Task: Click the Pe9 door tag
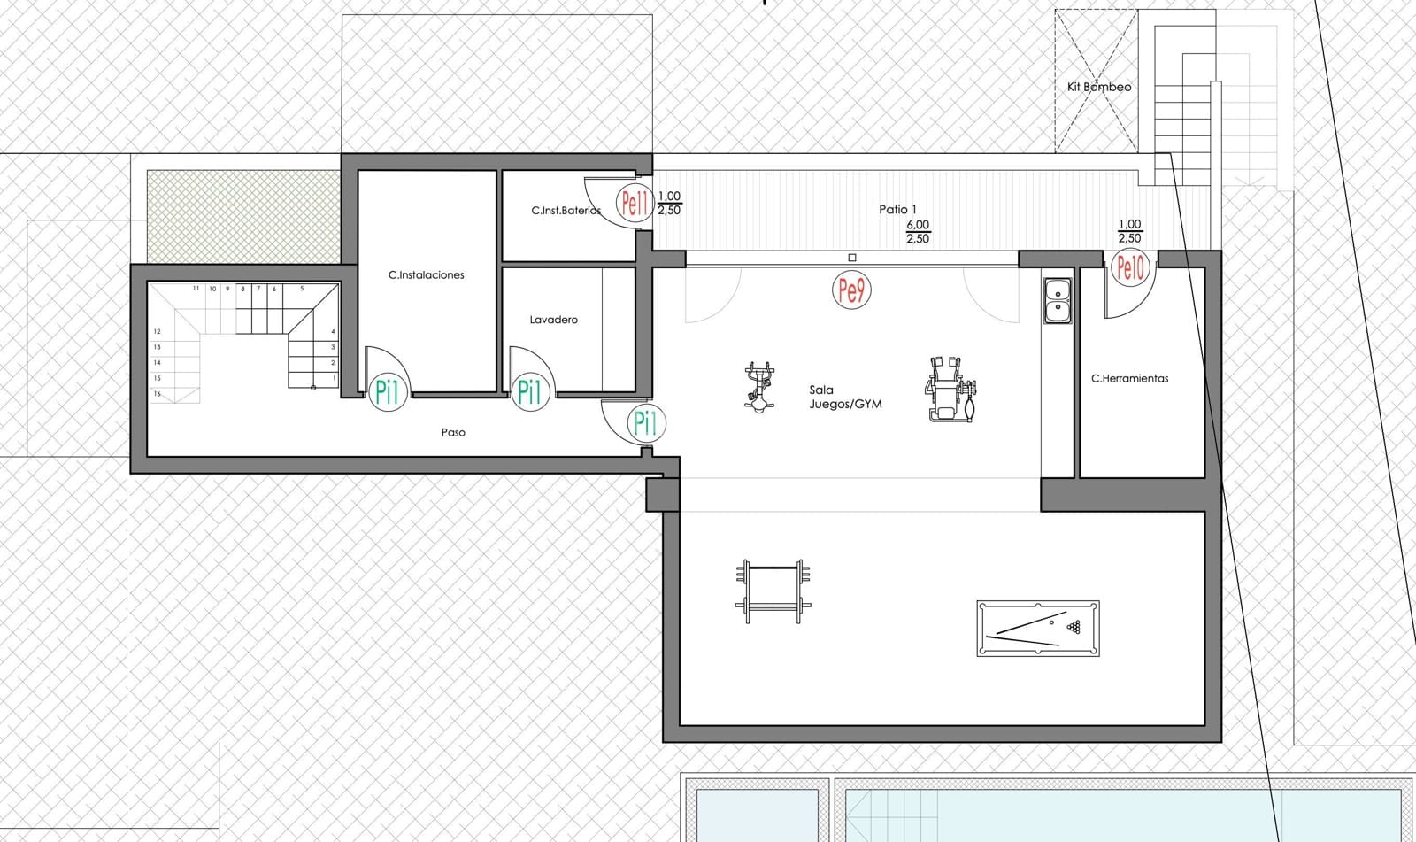pos(851,290)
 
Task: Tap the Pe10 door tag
pos(1130,267)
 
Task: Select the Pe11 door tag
pos(635,205)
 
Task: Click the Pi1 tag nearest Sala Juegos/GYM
pos(646,423)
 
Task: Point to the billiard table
pos(1037,629)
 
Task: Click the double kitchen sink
pos(1057,299)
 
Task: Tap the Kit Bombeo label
pos(1098,87)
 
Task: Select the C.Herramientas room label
pos(1129,378)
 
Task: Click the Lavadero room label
pos(553,320)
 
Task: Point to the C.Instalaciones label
pos(426,274)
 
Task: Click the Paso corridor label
pos(453,432)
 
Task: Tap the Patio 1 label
pos(897,209)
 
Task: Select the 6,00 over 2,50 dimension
pos(917,232)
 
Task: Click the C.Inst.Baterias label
pos(566,211)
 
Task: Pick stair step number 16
pos(158,393)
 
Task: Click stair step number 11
pos(196,289)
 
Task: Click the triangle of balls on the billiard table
pos(1074,628)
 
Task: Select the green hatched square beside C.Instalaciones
pos(243,215)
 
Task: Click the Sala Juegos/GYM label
pos(845,397)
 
